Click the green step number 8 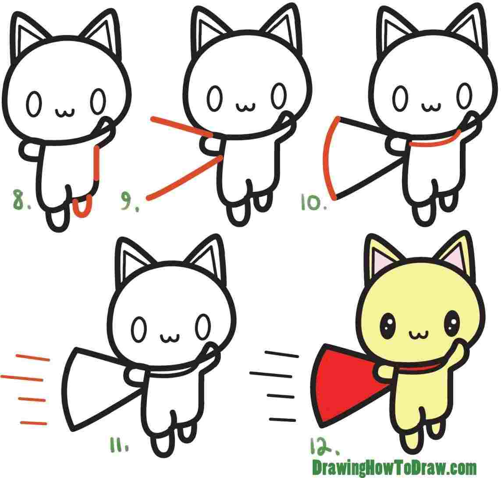pos(21,203)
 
